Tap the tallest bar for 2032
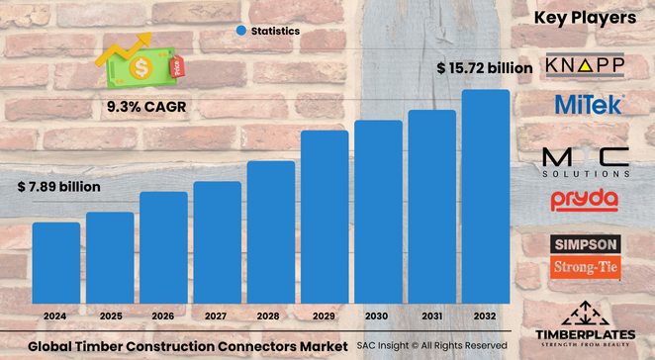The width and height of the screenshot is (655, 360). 486,197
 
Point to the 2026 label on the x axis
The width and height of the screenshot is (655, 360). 163,317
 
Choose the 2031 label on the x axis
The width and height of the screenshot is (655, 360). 431,317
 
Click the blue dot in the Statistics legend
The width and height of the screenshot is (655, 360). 240,32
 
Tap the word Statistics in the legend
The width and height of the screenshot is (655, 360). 275,32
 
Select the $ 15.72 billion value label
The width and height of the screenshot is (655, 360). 485,67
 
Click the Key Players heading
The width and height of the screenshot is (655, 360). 585,17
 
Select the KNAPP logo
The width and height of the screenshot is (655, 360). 585,65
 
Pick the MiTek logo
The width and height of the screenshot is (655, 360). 586,104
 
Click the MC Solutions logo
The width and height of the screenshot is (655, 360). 585,160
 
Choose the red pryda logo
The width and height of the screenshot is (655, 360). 585,201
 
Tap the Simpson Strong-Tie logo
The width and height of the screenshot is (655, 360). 585,254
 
